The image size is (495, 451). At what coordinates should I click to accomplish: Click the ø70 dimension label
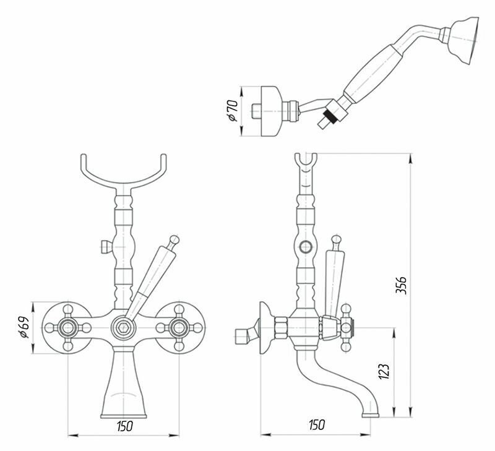pyautogui.click(x=233, y=110)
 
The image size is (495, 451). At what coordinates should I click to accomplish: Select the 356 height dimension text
pyautogui.click(x=401, y=285)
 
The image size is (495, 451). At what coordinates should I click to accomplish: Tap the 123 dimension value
pyautogui.click(x=384, y=371)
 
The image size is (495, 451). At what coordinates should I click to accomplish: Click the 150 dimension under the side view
pyautogui.click(x=315, y=425)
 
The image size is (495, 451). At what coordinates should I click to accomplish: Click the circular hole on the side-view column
pyautogui.click(x=304, y=248)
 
